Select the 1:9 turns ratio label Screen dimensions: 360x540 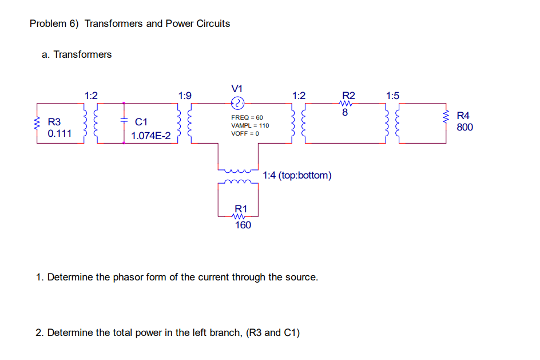185,96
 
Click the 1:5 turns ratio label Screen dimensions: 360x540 392,95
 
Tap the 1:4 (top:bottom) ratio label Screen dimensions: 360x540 297,175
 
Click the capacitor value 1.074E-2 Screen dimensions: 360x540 151,136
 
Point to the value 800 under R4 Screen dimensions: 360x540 464,127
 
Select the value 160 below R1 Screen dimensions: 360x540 243,226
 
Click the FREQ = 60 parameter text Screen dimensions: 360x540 247,117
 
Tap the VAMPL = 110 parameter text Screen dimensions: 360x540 249,125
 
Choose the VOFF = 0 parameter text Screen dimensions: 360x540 245,133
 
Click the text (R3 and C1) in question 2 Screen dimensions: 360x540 272,333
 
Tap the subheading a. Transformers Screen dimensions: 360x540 77,54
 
